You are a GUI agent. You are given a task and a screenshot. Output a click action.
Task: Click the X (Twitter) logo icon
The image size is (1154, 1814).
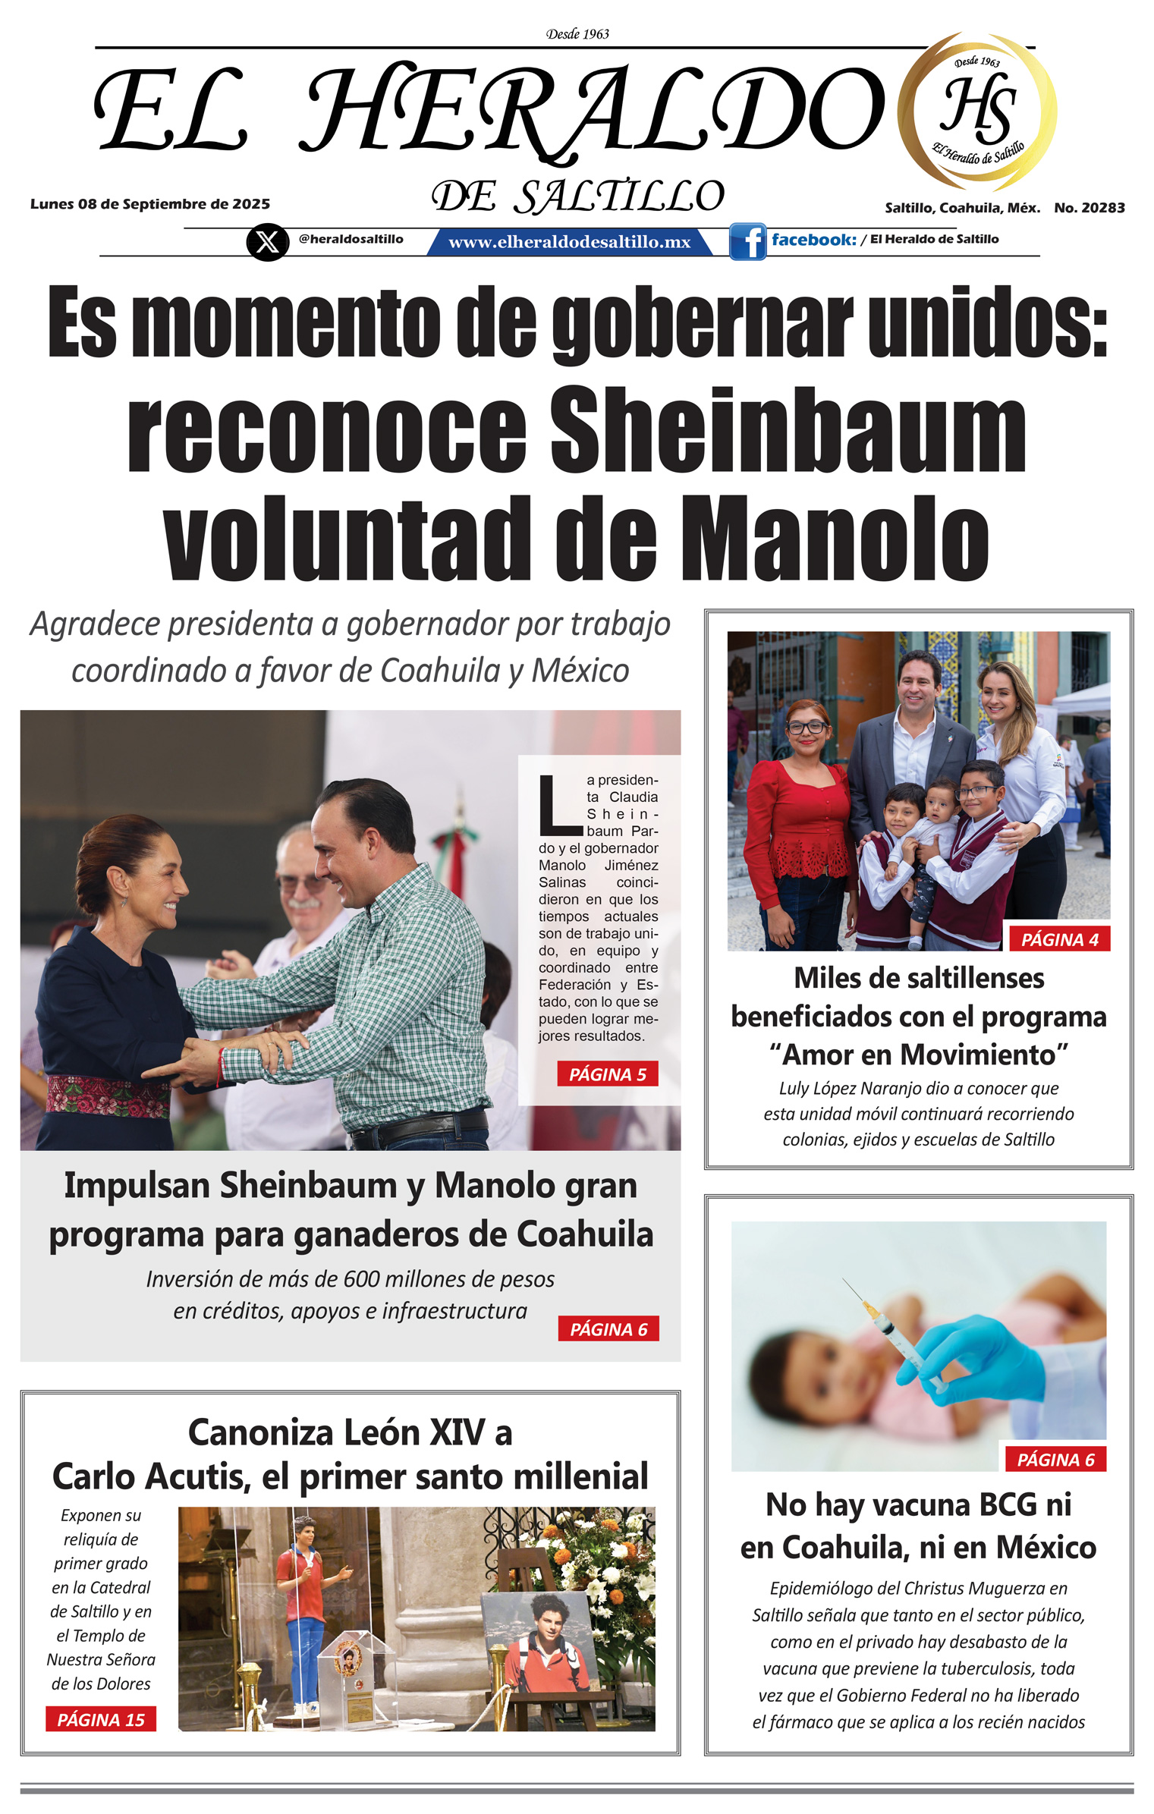[267, 242]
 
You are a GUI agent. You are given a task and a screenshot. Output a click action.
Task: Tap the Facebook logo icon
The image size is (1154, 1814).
[748, 242]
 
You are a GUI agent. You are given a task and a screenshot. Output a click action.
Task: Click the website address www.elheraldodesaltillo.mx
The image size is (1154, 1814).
[569, 242]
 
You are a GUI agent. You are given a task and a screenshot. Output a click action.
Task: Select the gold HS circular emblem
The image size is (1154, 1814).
[977, 111]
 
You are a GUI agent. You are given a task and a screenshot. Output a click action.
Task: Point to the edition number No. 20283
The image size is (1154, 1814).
[1089, 208]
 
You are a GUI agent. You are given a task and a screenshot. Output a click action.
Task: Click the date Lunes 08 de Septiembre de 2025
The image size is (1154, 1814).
[150, 204]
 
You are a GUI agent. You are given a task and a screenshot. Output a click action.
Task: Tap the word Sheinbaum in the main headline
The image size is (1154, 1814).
[788, 429]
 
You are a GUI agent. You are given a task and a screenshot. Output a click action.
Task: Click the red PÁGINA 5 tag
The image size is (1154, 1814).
[607, 1074]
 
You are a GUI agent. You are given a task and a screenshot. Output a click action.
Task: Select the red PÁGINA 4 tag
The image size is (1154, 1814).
[1059, 939]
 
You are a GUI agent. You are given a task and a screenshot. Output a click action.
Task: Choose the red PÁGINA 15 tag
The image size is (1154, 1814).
[101, 1719]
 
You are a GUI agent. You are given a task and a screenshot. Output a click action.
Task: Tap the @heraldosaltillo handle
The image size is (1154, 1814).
[351, 239]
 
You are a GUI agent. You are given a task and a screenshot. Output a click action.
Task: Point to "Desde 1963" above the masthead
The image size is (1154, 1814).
[577, 34]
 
